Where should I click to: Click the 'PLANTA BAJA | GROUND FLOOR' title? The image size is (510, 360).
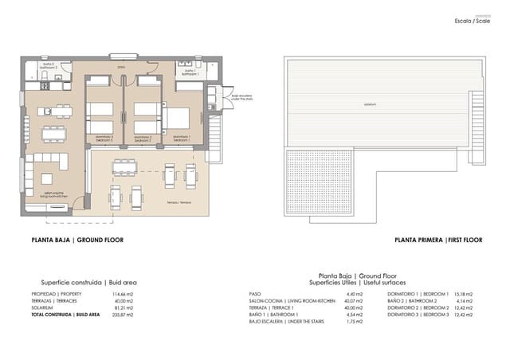point(76,240)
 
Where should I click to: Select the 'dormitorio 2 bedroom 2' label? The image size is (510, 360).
point(143,139)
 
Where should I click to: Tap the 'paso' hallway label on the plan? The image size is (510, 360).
point(121,68)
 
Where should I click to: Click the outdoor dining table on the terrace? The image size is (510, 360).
point(124,166)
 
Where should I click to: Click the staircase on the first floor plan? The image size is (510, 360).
point(477,112)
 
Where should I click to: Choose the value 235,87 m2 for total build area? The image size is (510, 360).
point(110,315)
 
